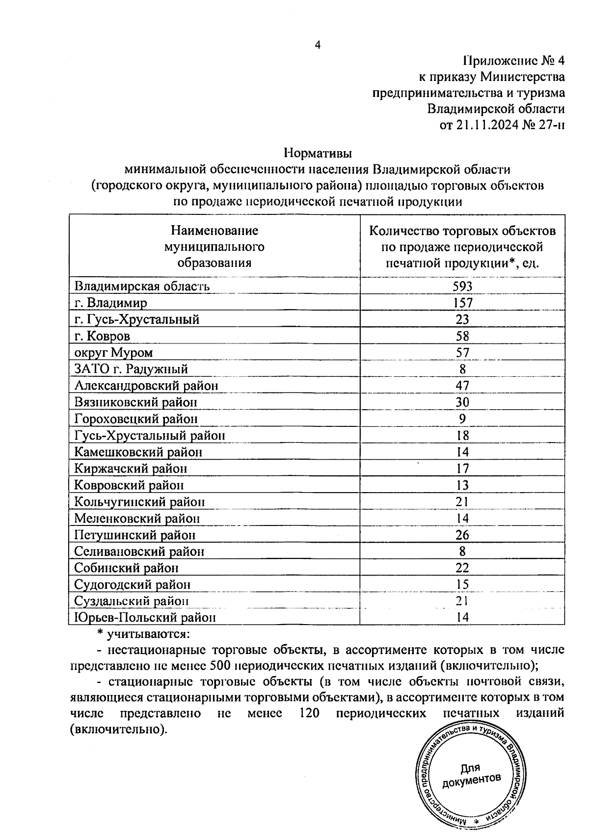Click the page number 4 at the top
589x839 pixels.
pyautogui.click(x=318, y=45)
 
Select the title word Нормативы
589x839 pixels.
pyautogui.click(x=318, y=154)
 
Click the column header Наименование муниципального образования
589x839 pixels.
pyautogui.click(x=214, y=246)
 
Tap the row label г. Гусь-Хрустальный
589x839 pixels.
pyautogui.click(x=137, y=319)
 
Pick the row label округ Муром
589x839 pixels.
pyautogui.click(x=113, y=353)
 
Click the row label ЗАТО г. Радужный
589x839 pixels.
pyautogui.click(x=131, y=369)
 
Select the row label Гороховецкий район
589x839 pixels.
pyautogui.click(x=136, y=419)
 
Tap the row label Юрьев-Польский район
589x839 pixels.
pyautogui.click(x=145, y=618)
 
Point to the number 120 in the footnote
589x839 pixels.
pyautogui.click(x=309, y=713)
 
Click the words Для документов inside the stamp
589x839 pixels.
pyautogui.click(x=471, y=774)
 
